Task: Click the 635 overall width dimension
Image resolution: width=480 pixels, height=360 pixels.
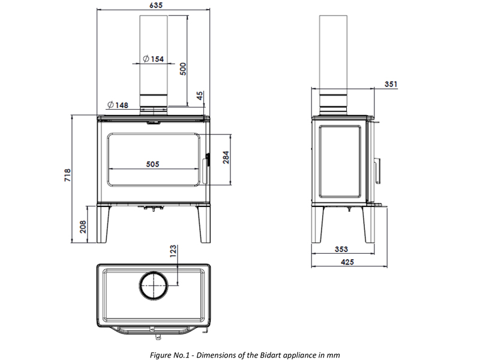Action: [x=156, y=5]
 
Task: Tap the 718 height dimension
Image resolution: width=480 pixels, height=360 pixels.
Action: [x=68, y=175]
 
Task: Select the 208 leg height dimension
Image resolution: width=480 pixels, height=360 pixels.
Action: [x=83, y=227]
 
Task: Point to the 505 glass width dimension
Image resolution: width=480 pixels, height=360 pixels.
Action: [x=152, y=164]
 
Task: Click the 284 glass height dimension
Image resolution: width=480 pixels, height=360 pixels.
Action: [x=226, y=157]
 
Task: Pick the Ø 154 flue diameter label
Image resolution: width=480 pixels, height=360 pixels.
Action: [x=154, y=59]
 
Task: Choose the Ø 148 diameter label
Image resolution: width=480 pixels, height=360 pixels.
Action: [x=118, y=105]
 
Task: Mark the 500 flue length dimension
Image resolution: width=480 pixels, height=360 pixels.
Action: [x=183, y=69]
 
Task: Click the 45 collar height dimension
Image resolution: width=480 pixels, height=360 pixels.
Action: [x=199, y=96]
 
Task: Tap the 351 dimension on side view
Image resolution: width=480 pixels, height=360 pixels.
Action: [x=391, y=84]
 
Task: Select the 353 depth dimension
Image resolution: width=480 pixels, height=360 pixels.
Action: [x=341, y=249]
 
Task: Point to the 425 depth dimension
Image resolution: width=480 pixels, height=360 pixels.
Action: [x=347, y=262]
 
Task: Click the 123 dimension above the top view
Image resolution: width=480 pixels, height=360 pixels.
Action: [x=173, y=251]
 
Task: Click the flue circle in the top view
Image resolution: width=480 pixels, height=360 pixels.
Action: [x=139, y=284]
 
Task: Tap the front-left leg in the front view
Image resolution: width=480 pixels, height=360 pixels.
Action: [x=103, y=224]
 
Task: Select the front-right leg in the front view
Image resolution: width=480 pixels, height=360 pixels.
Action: [x=203, y=224]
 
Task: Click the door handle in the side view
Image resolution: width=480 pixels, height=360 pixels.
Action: [x=377, y=171]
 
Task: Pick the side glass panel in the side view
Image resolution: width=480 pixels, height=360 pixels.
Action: [x=320, y=161]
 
